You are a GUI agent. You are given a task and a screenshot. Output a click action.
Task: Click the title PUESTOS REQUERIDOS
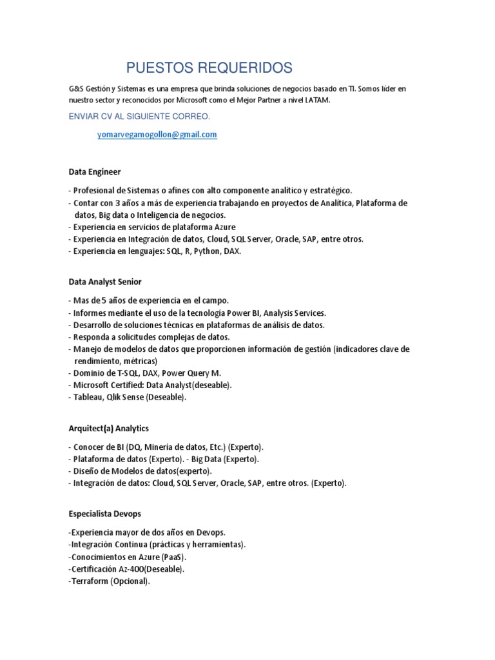click(209, 67)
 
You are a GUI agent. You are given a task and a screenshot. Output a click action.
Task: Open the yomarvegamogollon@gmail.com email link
click(157, 134)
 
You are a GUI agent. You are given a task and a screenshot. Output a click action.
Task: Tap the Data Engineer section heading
click(95, 171)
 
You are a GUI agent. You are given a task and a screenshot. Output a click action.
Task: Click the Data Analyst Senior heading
click(105, 282)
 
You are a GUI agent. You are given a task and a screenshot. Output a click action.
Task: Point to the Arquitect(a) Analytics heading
click(109, 428)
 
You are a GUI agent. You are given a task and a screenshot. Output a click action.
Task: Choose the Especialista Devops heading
click(104, 514)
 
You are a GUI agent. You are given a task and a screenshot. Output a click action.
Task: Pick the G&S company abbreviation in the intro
click(77, 88)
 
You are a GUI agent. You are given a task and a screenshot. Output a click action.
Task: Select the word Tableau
click(87, 397)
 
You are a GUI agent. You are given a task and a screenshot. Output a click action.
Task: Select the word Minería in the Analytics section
click(159, 447)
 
